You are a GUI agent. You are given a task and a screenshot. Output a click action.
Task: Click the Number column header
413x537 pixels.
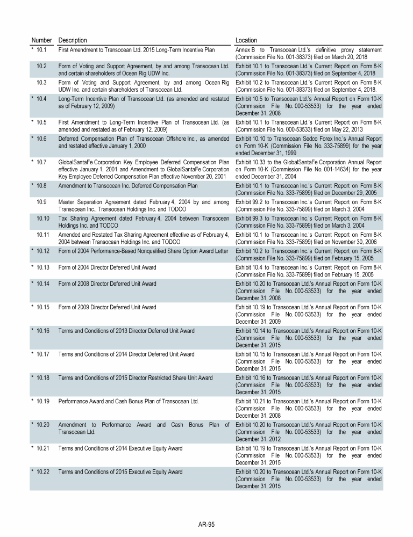point(41,40)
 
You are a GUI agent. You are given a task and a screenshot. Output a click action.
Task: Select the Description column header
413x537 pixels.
point(73,40)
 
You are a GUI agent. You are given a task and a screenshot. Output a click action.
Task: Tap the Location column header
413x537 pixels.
point(246,40)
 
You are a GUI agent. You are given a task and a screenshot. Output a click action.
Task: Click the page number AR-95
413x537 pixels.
point(206,525)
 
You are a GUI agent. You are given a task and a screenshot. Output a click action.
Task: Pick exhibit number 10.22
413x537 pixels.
point(42,472)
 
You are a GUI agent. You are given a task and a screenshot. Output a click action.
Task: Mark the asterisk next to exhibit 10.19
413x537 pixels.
point(32,401)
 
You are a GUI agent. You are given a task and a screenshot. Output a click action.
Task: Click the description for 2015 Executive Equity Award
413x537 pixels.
point(120,472)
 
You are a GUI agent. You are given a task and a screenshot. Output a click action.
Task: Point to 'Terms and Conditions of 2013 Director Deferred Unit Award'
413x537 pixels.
point(126,331)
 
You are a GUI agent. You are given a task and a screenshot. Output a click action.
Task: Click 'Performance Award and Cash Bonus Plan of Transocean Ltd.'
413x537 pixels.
point(129,401)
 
